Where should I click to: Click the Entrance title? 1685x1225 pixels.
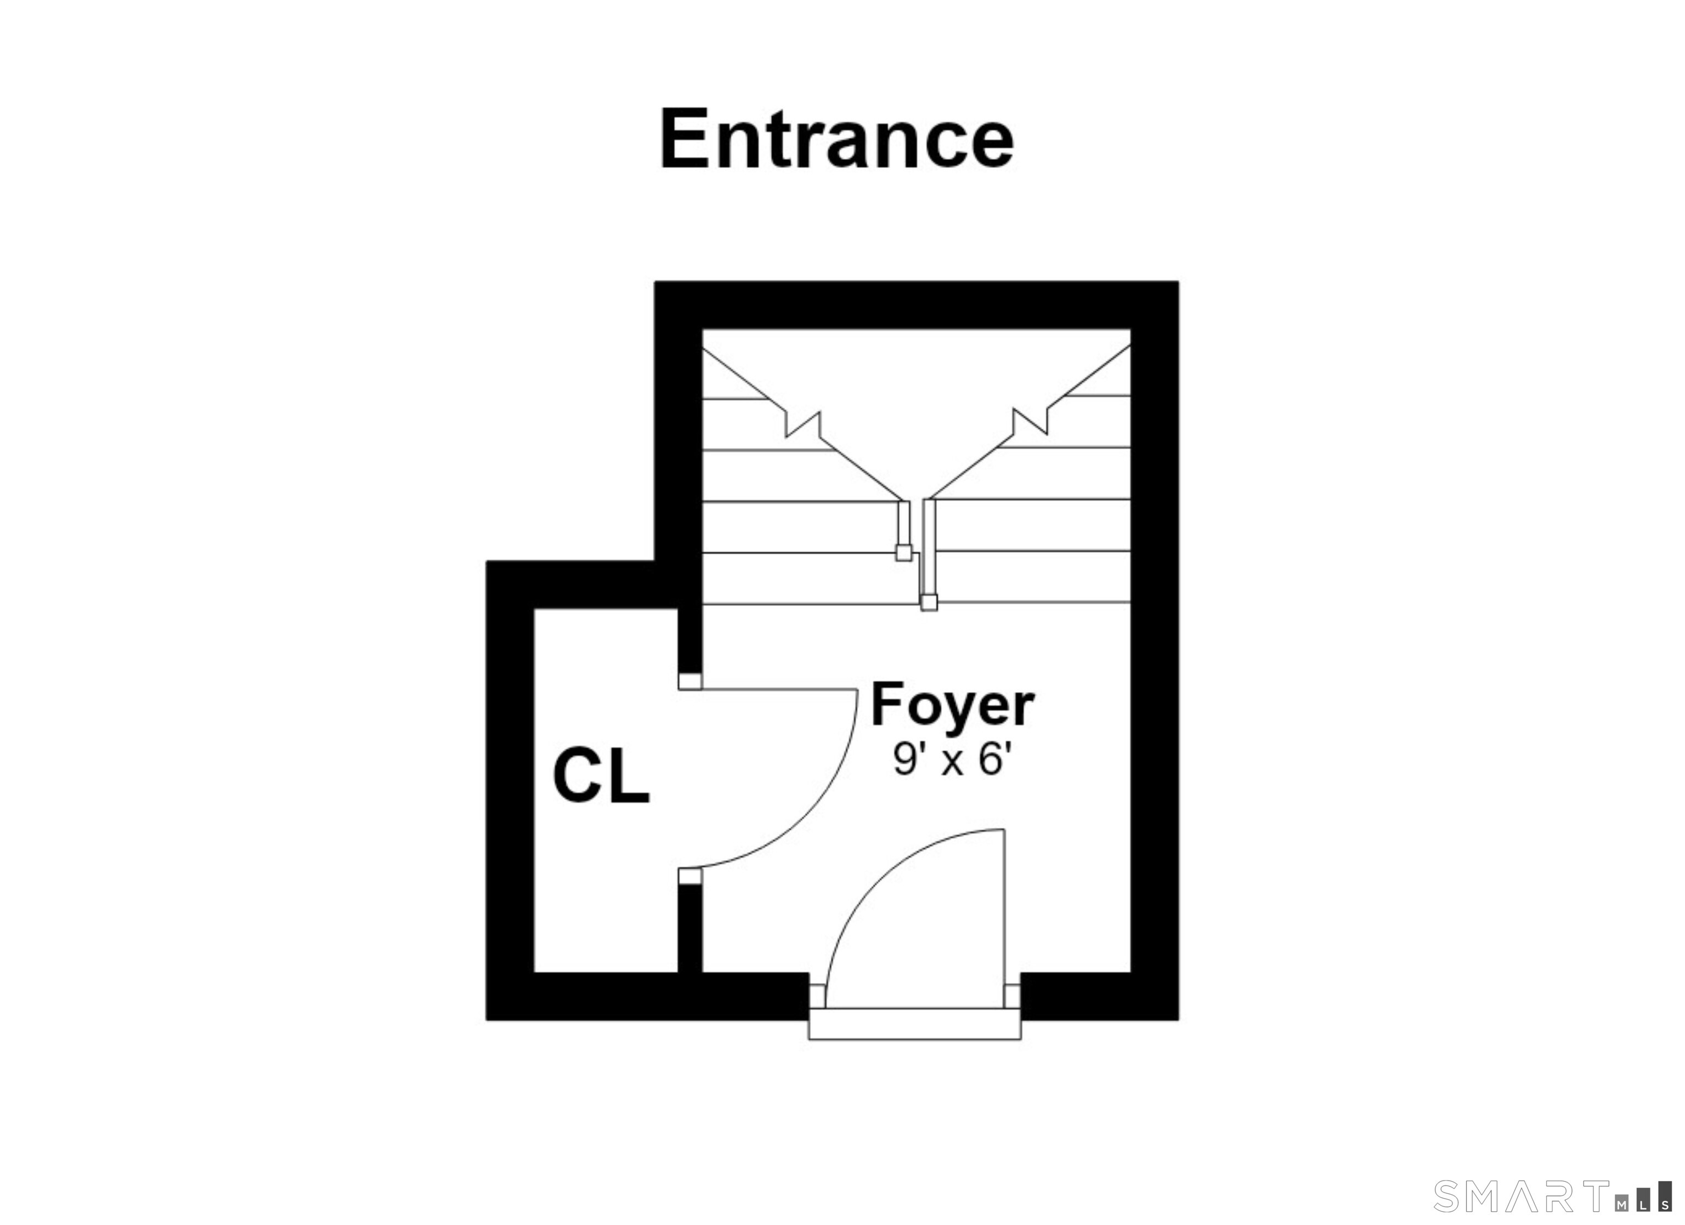pos(838,139)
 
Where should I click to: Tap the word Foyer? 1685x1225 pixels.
pos(952,705)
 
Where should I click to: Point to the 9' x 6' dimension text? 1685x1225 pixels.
pos(952,760)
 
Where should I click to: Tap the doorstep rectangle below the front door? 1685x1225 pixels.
pos(914,1024)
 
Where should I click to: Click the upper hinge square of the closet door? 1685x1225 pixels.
pos(690,681)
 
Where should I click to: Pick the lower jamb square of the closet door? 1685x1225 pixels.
pos(690,877)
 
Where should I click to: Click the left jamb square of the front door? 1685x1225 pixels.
pos(817,996)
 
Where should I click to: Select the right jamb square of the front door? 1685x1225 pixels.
pos(1012,996)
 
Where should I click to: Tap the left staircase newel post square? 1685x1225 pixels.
pos(903,553)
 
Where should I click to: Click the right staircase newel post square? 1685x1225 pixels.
pos(929,603)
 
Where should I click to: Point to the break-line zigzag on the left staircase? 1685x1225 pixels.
pos(803,424)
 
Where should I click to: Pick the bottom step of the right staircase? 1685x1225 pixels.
pos(1033,576)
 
